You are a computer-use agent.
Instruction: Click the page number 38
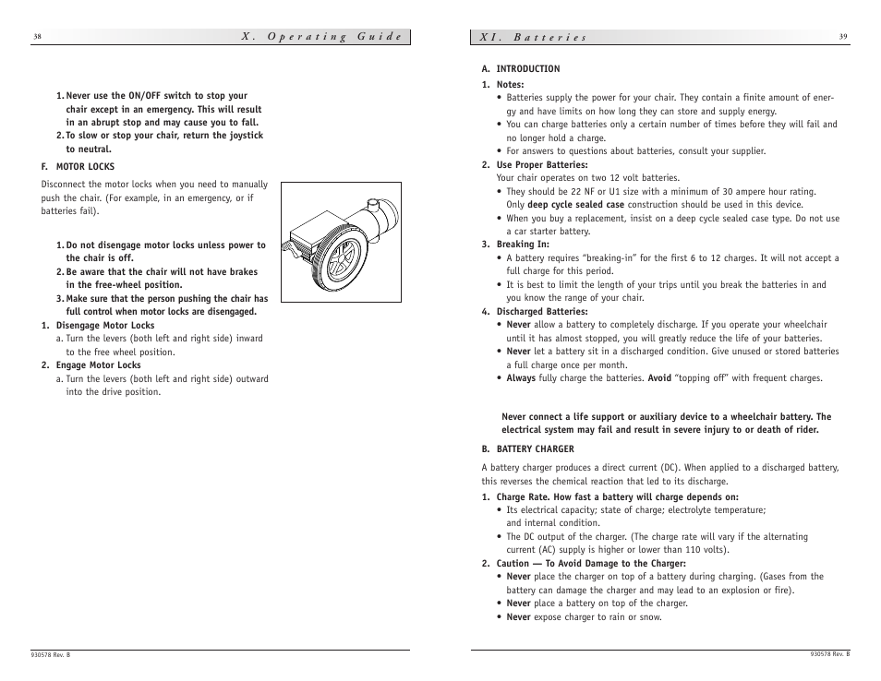(x=37, y=37)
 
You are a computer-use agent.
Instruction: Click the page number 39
(x=843, y=37)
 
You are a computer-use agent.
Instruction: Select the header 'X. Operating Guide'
(x=322, y=37)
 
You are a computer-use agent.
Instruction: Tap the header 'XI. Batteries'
(x=533, y=38)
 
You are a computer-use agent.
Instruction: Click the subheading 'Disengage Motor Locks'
(x=105, y=326)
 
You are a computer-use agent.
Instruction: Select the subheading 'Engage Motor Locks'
(x=98, y=365)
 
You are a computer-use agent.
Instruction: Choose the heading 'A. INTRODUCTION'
(x=521, y=69)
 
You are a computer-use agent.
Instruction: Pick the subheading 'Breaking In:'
(x=523, y=245)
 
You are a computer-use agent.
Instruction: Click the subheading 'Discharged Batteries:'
(x=541, y=312)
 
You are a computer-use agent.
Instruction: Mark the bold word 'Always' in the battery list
(x=521, y=378)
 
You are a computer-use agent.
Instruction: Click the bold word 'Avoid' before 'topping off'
(x=658, y=378)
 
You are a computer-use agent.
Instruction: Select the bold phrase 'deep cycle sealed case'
(x=575, y=205)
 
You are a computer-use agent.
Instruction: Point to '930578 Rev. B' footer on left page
(x=51, y=654)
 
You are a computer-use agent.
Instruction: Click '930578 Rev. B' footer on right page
(x=829, y=654)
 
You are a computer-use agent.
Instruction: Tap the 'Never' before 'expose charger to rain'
(x=518, y=617)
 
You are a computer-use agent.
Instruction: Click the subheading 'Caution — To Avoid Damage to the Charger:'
(x=591, y=564)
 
